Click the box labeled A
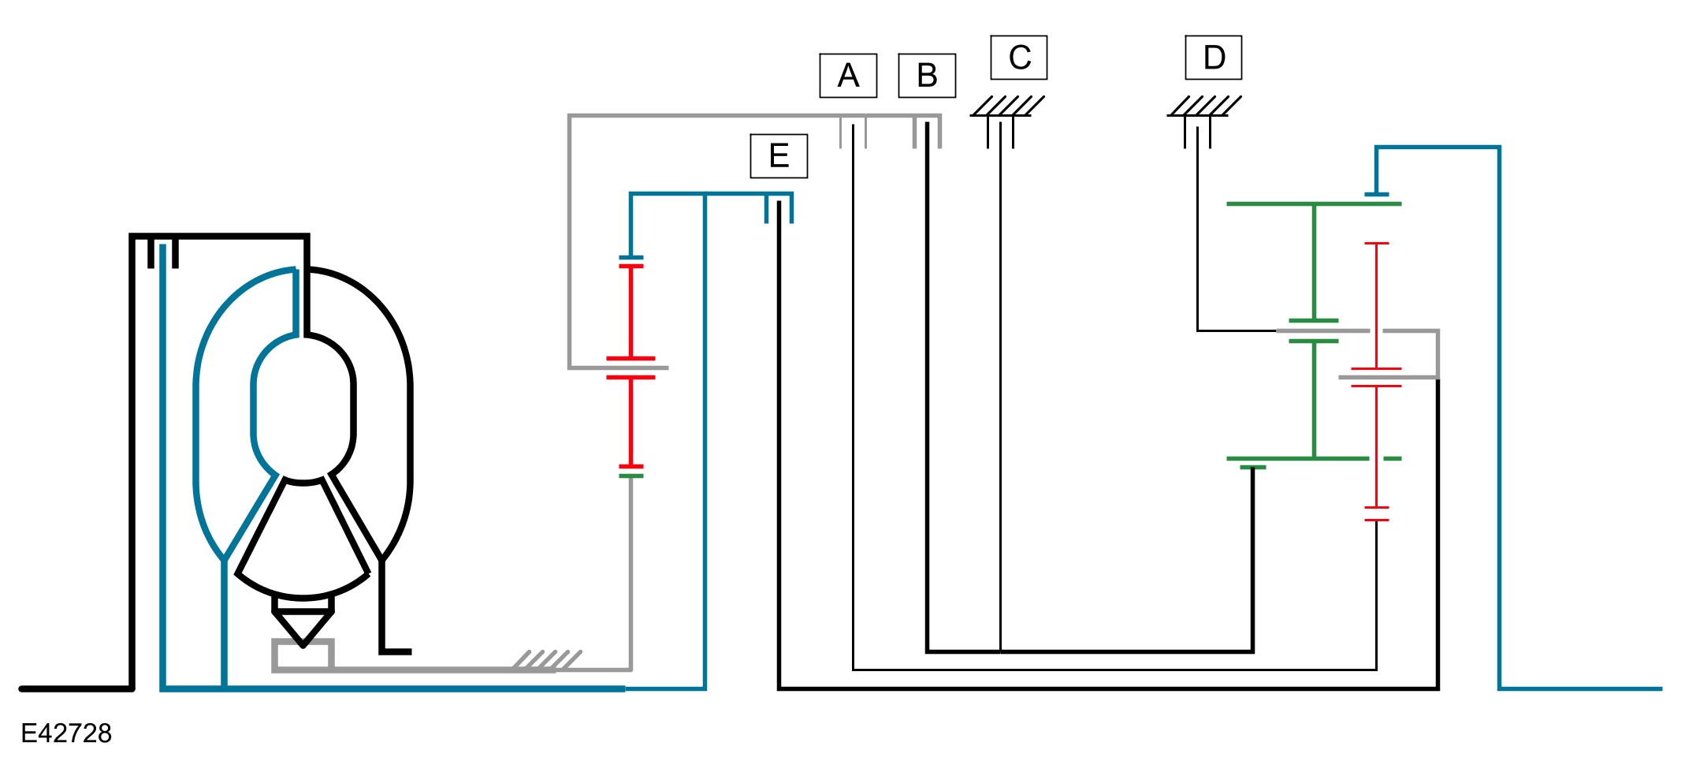coord(848,76)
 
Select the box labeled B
coord(927,76)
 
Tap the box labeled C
coord(1018,58)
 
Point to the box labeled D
coord(1213,58)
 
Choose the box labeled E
coord(779,156)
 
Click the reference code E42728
coord(66,733)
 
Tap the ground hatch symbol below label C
coord(1007,106)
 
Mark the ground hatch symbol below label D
coord(1203,106)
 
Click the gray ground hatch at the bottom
coord(547,661)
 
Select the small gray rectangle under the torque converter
coord(303,655)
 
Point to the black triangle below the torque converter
coord(303,628)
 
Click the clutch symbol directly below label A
coord(853,132)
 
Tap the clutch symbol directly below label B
coord(927,132)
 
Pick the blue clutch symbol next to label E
coord(779,208)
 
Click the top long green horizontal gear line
coord(1313,203)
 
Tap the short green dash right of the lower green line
coord(1392,458)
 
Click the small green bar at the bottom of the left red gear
coord(630,476)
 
